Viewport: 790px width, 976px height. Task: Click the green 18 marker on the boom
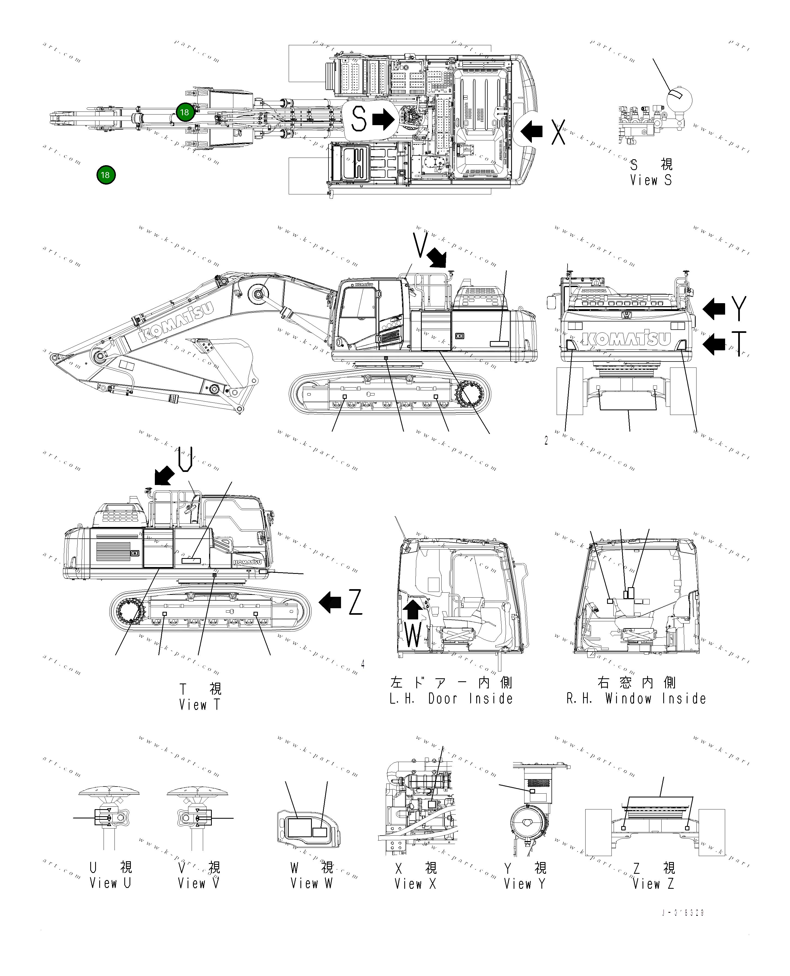pos(185,112)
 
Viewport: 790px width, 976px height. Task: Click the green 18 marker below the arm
pos(105,175)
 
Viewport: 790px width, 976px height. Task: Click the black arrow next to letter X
pos(531,131)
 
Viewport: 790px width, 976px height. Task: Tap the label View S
pos(651,180)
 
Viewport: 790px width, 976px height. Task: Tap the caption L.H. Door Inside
pos(451,698)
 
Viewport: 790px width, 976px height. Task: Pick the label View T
pos(199,704)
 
